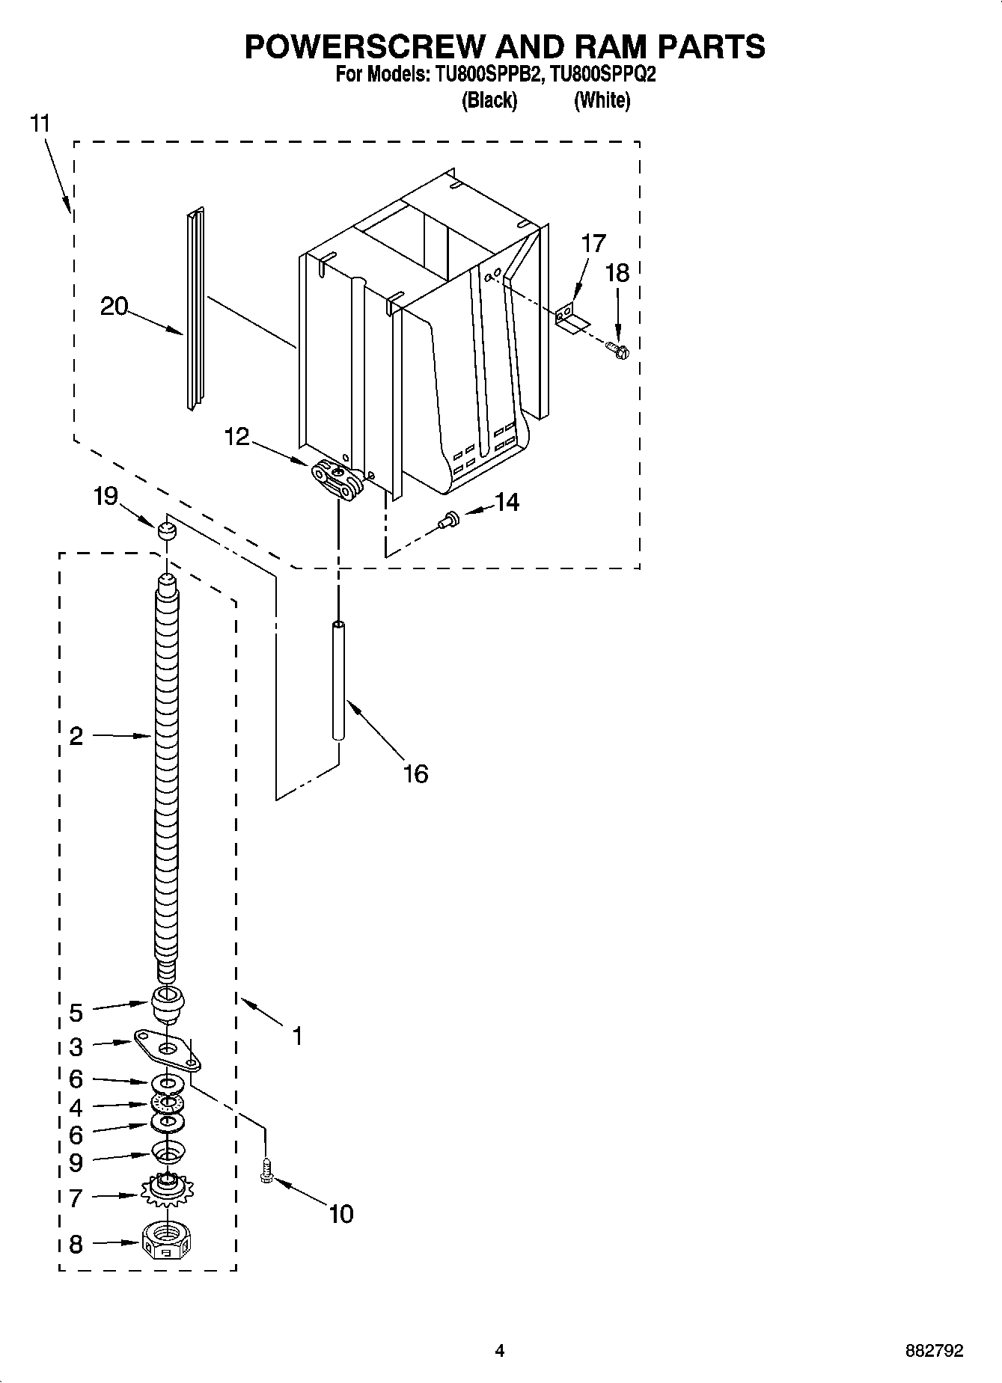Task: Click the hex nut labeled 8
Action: pyautogui.click(x=168, y=1244)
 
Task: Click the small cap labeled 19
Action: pyautogui.click(x=166, y=532)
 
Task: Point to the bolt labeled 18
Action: pyautogui.click(x=617, y=349)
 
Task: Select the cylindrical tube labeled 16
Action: pyautogui.click(x=339, y=681)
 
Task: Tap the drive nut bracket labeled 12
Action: pyautogui.click(x=337, y=479)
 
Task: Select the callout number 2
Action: pyautogui.click(x=76, y=736)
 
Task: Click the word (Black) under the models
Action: pyautogui.click(x=489, y=99)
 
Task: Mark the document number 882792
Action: pyautogui.click(x=933, y=1351)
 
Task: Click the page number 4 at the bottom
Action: pyautogui.click(x=500, y=1351)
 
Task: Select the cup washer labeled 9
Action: pyautogui.click(x=168, y=1152)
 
